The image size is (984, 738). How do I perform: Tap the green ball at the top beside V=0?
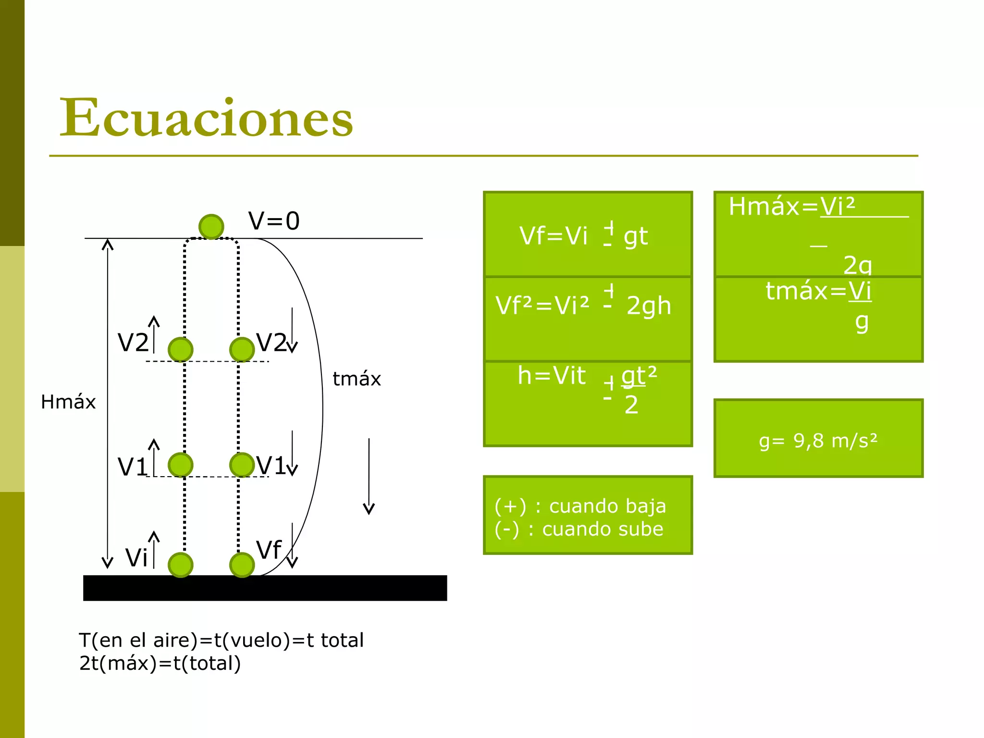tap(211, 226)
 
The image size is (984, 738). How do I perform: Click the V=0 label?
tap(274, 221)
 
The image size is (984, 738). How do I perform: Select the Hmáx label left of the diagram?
tap(68, 402)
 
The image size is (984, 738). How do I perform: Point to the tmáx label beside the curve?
tap(357, 379)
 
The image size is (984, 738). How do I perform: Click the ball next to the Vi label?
tap(181, 565)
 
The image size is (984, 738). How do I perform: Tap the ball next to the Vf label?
tap(242, 565)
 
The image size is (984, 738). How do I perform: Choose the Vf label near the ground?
tap(268, 550)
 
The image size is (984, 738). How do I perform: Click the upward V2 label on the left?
tap(133, 343)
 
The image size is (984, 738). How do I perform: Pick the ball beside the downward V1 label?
tap(242, 465)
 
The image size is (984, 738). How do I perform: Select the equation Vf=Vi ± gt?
tap(583, 236)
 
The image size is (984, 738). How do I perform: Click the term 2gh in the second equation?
tap(649, 306)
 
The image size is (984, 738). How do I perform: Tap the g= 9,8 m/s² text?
tap(818, 440)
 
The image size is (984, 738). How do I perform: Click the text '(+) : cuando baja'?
tap(580, 506)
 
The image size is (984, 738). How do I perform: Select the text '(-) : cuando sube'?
tap(578, 529)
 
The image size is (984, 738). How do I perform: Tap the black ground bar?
tap(265, 588)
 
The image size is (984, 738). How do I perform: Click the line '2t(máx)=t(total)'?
tap(160, 663)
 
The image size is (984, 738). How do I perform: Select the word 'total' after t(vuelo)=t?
tap(342, 640)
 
